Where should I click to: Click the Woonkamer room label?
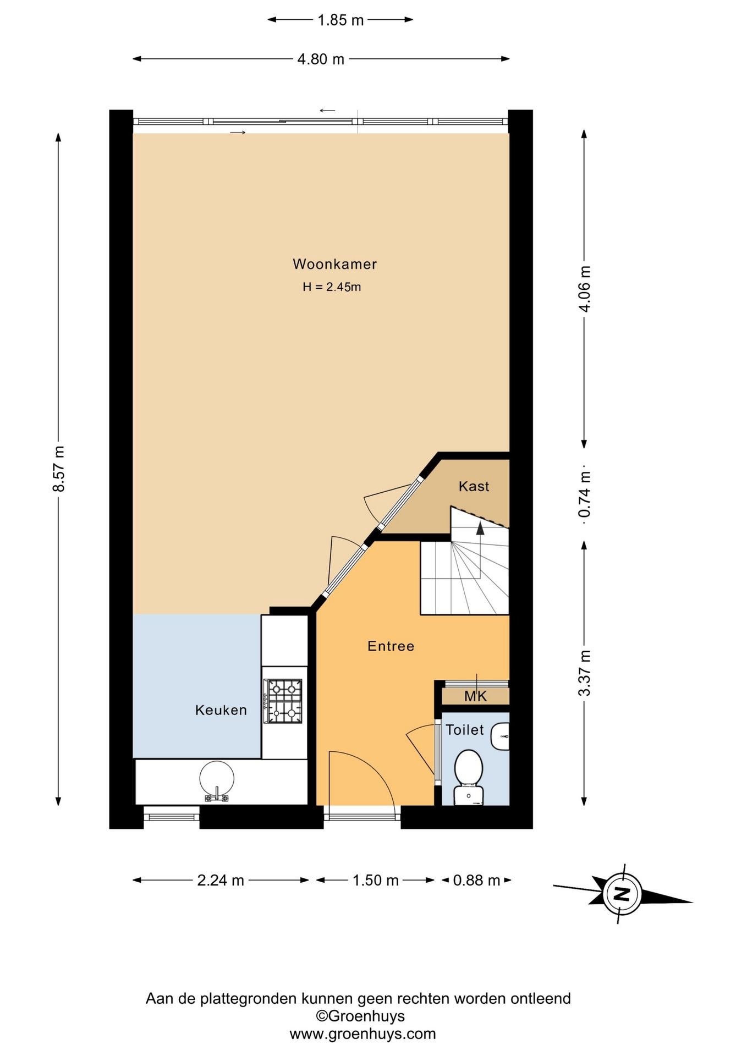pos(334,264)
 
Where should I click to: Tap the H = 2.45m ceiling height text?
pos(332,287)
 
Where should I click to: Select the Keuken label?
pos(221,710)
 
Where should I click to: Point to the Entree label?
pos(391,646)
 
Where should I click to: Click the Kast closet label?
pos(474,486)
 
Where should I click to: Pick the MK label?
pos(475,696)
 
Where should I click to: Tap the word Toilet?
pos(464,730)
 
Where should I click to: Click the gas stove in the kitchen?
pos(284,701)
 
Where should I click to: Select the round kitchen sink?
pos(217,779)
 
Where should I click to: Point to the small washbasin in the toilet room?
pos(500,736)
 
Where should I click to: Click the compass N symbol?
pos(622,893)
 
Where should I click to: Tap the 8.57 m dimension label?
pos(59,469)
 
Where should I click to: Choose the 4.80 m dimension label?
pos(321,59)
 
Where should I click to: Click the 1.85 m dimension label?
pos(340,20)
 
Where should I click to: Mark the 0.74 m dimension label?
pos(585,494)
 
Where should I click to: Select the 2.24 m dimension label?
pos(221,881)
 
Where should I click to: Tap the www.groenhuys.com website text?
pos(362,1034)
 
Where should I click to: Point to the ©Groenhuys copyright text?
pos(360,1016)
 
